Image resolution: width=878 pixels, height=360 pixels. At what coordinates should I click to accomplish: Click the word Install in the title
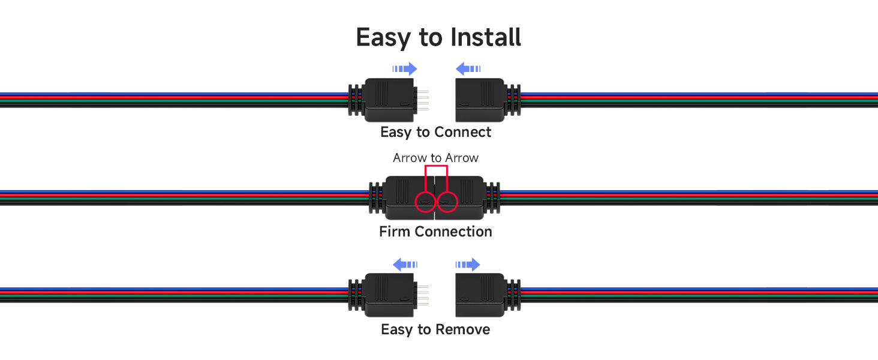coord(486,37)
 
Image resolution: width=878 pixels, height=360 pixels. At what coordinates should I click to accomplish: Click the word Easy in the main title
coord(384,38)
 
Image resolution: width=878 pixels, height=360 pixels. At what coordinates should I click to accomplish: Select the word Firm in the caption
coord(395,232)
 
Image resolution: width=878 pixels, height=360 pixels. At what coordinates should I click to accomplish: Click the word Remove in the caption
coord(462,329)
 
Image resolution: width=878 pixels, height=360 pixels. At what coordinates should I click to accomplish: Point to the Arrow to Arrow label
coord(435,158)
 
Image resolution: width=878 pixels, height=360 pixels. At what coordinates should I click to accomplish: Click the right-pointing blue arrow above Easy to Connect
coord(404,68)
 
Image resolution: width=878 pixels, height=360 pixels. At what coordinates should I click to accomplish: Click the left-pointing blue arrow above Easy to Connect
coord(468,68)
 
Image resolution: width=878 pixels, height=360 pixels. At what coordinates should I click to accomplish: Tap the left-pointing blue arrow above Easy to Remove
coord(405,265)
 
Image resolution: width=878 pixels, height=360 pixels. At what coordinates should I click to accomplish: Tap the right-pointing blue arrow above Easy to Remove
coord(468,265)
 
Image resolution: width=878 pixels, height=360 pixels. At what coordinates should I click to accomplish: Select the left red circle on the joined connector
coord(425,202)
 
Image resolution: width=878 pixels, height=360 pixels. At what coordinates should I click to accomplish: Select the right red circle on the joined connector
coord(447,202)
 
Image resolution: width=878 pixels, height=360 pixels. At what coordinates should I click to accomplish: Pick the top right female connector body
coord(480,100)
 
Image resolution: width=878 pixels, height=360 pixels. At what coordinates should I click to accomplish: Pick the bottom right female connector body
coord(480,295)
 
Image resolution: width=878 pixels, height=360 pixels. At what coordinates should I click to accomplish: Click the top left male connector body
coord(389,100)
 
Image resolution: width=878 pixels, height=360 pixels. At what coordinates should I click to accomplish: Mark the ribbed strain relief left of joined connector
coord(377,197)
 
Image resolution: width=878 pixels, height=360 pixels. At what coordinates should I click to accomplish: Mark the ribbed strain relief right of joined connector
coord(492,197)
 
